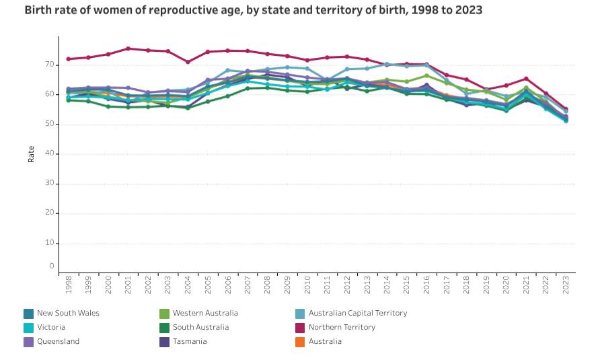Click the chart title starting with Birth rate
(244, 11)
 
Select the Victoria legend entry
(51, 327)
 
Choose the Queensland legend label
(58, 341)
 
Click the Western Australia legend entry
(204, 313)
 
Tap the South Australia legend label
(200, 327)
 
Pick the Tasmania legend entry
(190, 341)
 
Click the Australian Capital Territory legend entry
(357, 313)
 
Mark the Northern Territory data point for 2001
(128, 48)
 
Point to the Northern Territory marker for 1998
(69, 59)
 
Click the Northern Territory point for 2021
(526, 79)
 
